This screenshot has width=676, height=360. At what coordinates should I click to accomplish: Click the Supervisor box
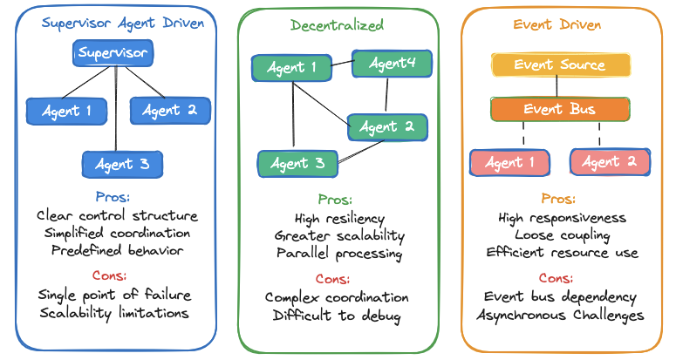113,53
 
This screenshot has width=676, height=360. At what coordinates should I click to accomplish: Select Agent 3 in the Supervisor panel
122,164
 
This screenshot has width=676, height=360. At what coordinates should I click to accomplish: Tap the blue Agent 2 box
170,110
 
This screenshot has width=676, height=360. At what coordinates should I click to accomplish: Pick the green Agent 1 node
291,68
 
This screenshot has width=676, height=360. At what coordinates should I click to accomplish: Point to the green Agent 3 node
297,163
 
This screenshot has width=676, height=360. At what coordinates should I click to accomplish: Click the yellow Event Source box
560,65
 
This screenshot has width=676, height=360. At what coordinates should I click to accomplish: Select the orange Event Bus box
560,110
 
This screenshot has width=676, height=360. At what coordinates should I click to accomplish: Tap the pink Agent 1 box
509,162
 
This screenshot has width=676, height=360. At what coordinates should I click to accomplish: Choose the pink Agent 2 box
610,162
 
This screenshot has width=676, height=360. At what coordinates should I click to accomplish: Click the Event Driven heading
559,24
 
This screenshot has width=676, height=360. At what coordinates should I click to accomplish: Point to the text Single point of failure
114,294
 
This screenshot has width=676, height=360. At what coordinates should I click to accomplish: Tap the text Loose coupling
562,235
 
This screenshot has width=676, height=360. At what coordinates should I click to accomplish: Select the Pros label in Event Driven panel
558,199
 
